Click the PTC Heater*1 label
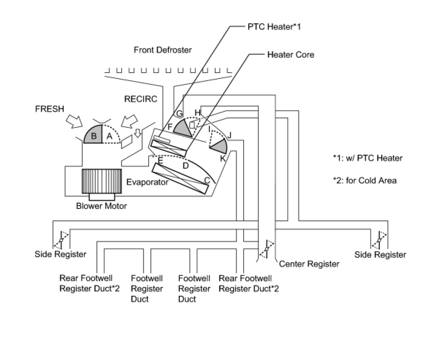tap(274, 27)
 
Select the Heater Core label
tap(291, 55)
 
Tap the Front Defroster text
tap(163, 50)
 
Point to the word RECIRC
tap(141, 99)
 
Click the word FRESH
tap(50, 109)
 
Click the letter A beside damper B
tap(109, 136)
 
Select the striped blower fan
tap(102, 181)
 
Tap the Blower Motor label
tap(102, 206)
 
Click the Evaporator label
tap(147, 182)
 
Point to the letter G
tap(179, 114)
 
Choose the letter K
tap(223, 158)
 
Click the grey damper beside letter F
tap(183, 128)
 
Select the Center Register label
tap(309, 264)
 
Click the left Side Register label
tap(60, 254)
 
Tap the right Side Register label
tap(380, 254)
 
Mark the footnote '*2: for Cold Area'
tap(365, 180)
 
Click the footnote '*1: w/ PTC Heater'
tap(368, 158)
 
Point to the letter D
tap(186, 165)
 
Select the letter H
tap(198, 112)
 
